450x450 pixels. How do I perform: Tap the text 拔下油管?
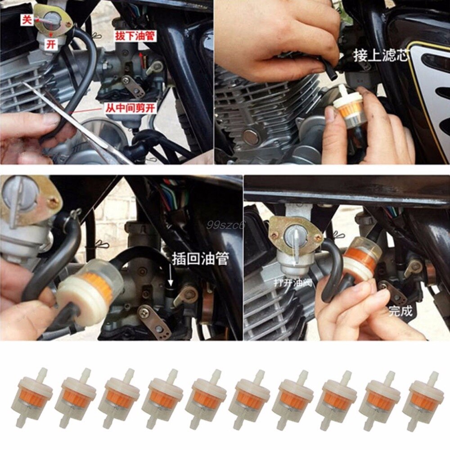click(135, 36)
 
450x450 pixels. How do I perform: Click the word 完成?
click(400, 310)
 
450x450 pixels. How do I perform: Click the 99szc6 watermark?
click(225, 224)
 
